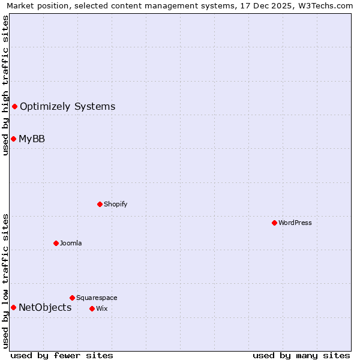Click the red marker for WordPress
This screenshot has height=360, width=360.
274,223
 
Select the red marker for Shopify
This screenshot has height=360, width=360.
100,204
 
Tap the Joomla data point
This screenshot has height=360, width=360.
56,243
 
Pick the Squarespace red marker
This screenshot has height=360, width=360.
72,298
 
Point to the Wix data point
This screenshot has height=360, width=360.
92,308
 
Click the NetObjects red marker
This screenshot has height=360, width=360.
13,308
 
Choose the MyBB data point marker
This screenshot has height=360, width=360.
13,139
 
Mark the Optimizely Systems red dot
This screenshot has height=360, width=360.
14,106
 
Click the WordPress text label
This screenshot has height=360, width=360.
295,223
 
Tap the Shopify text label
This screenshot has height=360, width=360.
116,204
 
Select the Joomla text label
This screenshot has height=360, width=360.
71,243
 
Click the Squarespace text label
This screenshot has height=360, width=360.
97,298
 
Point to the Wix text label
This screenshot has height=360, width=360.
101,308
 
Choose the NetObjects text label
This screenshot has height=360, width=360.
45,308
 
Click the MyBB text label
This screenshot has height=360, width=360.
32,139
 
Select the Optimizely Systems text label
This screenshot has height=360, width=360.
67,107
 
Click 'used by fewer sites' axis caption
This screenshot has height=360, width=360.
62,355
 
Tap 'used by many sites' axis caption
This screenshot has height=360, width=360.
301,355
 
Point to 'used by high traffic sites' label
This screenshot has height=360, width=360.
5,85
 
